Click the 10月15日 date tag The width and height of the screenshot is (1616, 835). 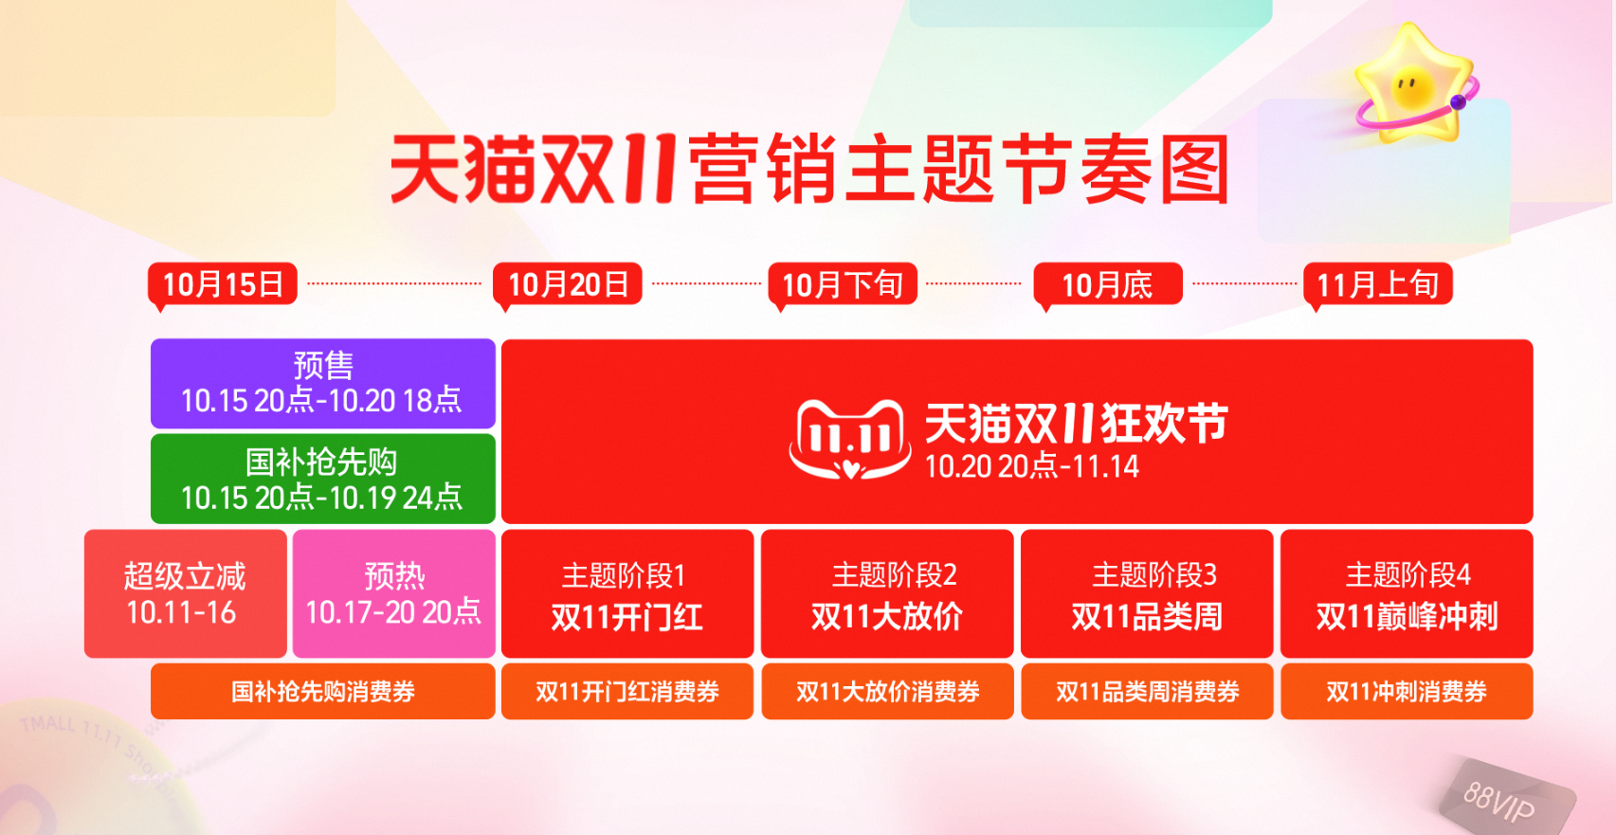click(x=223, y=284)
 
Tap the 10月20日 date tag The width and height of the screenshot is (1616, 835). click(x=568, y=284)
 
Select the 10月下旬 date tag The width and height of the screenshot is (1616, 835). click(x=843, y=284)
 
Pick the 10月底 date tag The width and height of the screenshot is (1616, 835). click(x=1107, y=284)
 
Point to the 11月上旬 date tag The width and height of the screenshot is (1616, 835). click(x=1377, y=284)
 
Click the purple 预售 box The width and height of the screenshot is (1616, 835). click(x=322, y=384)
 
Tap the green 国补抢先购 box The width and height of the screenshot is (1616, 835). click(x=322, y=479)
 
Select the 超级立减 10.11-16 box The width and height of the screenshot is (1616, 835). click(x=185, y=593)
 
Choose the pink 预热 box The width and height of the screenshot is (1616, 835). click(x=393, y=593)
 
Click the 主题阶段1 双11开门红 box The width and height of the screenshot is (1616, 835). click(x=626, y=593)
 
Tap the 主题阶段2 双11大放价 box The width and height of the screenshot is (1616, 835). click(x=887, y=593)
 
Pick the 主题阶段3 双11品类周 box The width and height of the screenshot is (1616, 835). click(x=1147, y=593)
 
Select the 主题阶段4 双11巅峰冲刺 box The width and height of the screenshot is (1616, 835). click(x=1407, y=593)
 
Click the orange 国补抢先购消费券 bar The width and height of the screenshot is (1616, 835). click(x=322, y=691)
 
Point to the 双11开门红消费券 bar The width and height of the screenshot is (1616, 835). click(x=626, y=691)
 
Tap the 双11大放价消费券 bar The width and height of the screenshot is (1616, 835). click(x=887, y=691)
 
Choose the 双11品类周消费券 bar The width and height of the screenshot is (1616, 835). click(x=1147, y=691)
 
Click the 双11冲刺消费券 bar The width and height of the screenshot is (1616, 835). click(x=1407, y=691)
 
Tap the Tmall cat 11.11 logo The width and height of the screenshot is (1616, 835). click(x=849, y=439)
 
